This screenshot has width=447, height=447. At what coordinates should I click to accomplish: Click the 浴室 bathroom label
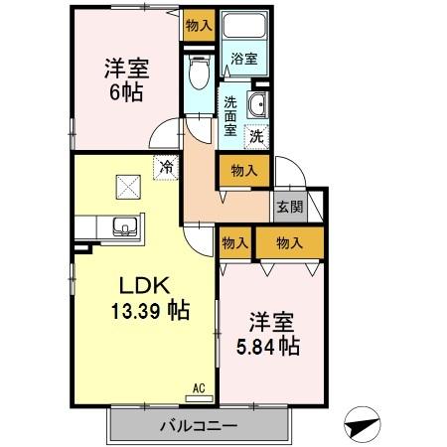[244, 59]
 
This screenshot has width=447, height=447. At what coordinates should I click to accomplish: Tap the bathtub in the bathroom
[243, 27]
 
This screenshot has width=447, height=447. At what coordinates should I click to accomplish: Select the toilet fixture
[199, 71]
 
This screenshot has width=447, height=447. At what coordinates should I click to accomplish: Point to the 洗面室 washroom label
[229, 114]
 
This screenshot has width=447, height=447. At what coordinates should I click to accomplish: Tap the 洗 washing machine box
[256, 135]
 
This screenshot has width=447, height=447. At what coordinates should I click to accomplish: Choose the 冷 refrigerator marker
[165, 167]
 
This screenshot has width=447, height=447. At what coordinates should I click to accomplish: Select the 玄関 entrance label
[290, 207]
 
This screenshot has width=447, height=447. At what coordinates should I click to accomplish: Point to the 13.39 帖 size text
[150, 310]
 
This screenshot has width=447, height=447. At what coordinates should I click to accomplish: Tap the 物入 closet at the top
[199, 26]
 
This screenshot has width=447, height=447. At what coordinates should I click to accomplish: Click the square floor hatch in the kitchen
[128, 186]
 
